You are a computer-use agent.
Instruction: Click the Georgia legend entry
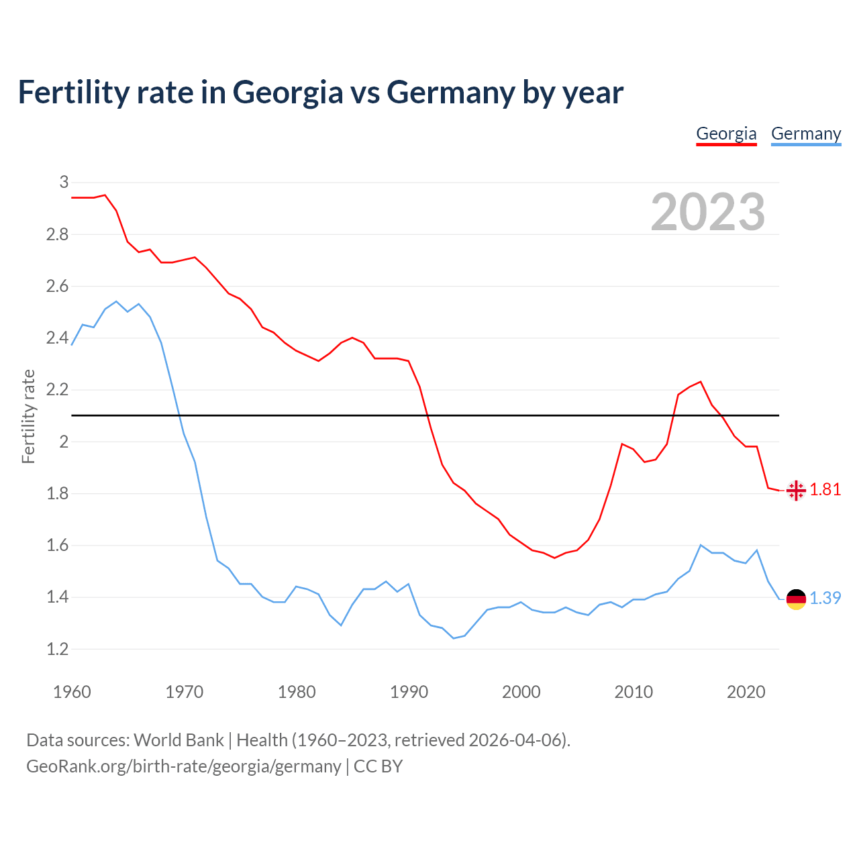(726, 134)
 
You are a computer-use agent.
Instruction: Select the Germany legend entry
(805, 134)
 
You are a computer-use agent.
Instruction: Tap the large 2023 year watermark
(708, 212)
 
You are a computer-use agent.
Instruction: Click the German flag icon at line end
(796, 599)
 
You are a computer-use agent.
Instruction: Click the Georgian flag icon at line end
(796, 491)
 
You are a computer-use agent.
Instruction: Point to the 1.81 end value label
(825, 490)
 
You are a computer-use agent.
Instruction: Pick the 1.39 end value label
(825, 598)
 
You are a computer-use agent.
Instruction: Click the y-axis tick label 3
(64, 182)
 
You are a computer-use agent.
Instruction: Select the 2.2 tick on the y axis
(57, 389)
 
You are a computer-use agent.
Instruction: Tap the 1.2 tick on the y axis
(57, 649)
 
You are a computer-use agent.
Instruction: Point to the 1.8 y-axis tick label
(57, 493)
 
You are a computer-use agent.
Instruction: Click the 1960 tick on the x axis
(72, 692)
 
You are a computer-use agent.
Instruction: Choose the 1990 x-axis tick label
(409, 692)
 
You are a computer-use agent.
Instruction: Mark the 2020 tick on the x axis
(746, 692)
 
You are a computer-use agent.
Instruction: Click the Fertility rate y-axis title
(28, 416)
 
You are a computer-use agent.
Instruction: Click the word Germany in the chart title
(450, 92)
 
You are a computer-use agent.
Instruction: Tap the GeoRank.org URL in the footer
(183, 766)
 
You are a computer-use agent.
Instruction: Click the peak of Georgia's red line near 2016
(700, 382)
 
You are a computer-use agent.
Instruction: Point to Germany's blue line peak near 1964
(116, 301)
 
